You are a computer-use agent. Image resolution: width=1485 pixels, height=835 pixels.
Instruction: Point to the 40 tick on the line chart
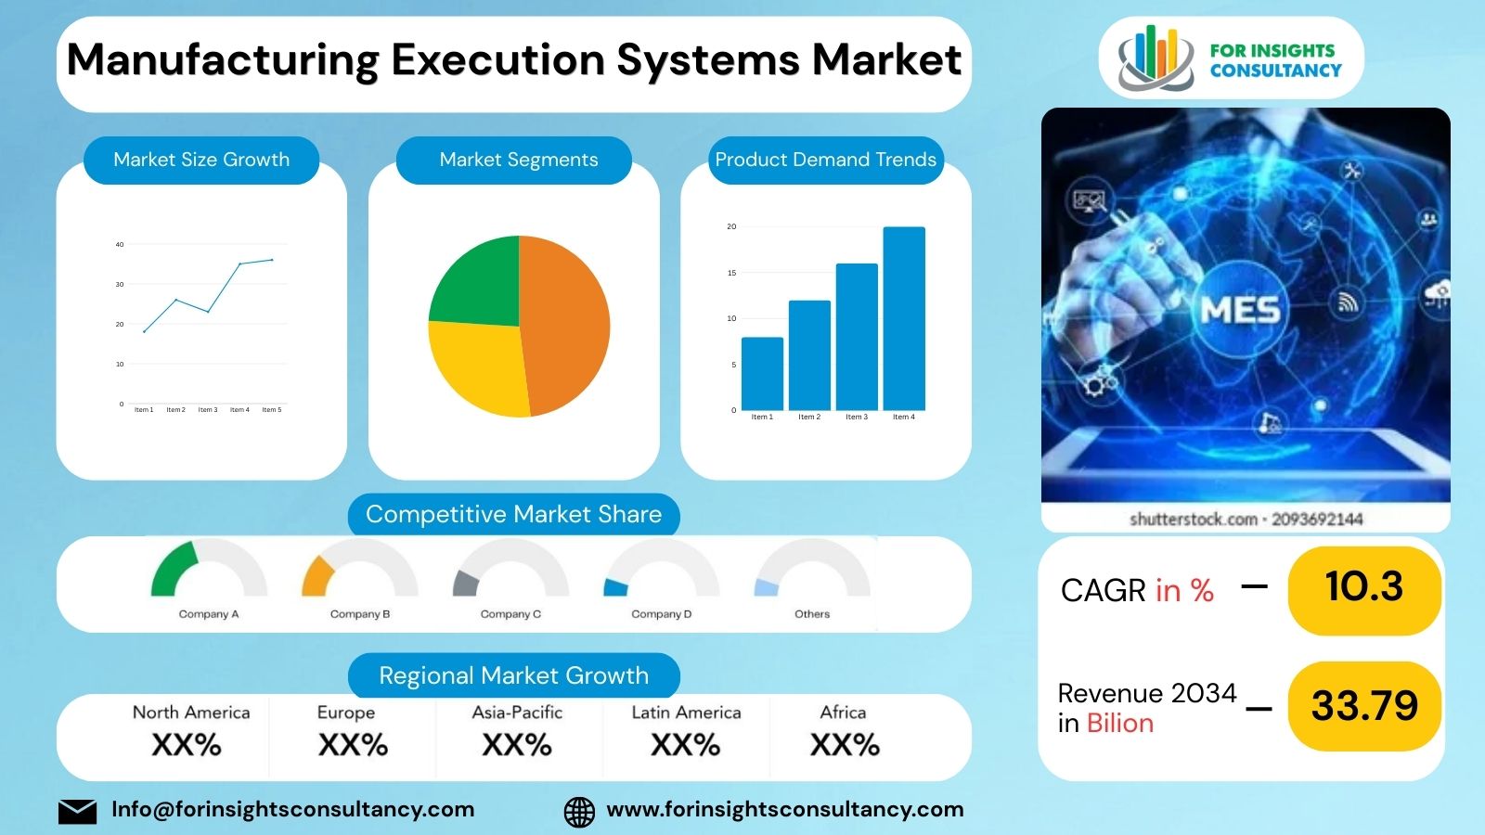click(120, 245)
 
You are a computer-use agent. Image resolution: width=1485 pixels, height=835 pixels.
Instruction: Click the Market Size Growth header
click(201, 160)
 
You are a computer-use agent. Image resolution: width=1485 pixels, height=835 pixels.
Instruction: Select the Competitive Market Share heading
click(513, 514)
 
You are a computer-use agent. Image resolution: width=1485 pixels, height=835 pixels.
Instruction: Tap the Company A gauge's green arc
click(173, 568)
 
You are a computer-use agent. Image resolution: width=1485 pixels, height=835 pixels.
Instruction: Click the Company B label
click(360, 614)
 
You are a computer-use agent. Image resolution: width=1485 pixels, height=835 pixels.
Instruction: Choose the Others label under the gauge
click(812, 614)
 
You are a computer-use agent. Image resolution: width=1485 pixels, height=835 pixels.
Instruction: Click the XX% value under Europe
click(353, 745)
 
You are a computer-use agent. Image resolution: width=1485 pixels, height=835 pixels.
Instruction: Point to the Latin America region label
click(686, 713)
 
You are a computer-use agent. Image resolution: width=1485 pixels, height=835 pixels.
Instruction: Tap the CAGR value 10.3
click(1363, 587)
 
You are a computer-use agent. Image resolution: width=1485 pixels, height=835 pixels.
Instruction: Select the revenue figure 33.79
click(1364, 706)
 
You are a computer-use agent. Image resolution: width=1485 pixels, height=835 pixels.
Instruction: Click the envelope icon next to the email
click(78, 811)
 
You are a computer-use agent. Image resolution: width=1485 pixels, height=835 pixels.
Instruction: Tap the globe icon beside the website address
click(579, 811)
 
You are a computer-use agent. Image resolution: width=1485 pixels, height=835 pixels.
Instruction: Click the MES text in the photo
click(1240, 310)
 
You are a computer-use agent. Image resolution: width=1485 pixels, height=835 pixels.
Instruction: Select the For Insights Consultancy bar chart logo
click(1155, 58)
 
